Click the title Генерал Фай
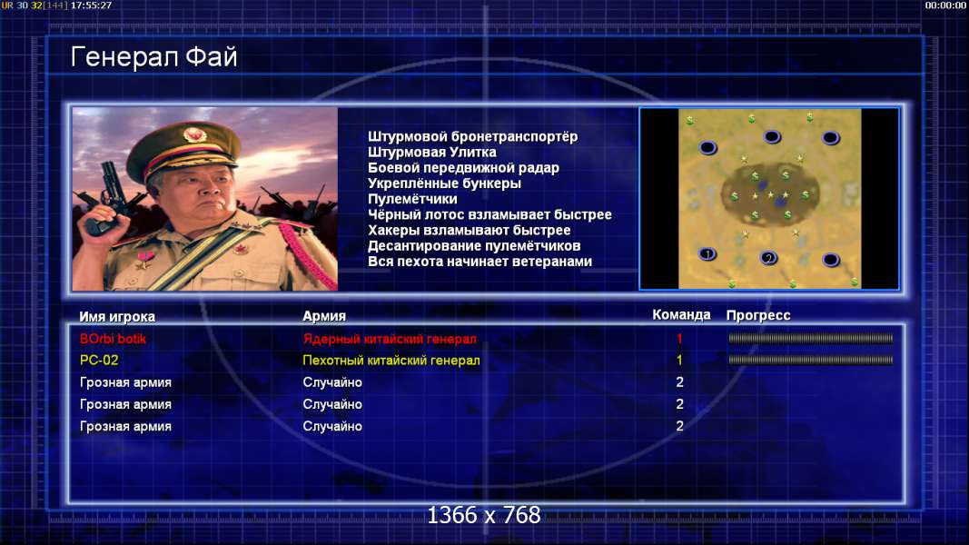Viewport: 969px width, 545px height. coord(153,57)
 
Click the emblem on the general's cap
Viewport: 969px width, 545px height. coord(194,134)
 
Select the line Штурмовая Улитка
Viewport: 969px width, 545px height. coord(432,152)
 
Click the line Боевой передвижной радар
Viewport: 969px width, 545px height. coord(463,168)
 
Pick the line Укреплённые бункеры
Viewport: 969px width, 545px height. coord(444,183)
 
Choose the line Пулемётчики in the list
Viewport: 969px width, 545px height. coord(412,199)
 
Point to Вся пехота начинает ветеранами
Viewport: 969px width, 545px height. coord(480,262)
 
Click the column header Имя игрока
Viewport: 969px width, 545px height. coord(117,316)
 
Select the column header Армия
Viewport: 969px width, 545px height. coord(324,316)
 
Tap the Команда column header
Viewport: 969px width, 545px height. coord(681,315)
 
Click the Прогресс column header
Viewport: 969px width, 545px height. coord(757,315)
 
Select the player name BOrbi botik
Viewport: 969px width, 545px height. coord(113,339)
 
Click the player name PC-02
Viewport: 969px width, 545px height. coord(99,361)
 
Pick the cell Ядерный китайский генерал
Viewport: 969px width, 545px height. coord(390,339)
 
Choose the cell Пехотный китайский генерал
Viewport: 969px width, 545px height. coord(391,361)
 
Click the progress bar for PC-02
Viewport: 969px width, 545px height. coord(810,360)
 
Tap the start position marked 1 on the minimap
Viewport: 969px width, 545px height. coord(707,254)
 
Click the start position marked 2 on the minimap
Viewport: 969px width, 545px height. coord(768,258)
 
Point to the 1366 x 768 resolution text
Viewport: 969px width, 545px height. coord(484,515)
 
